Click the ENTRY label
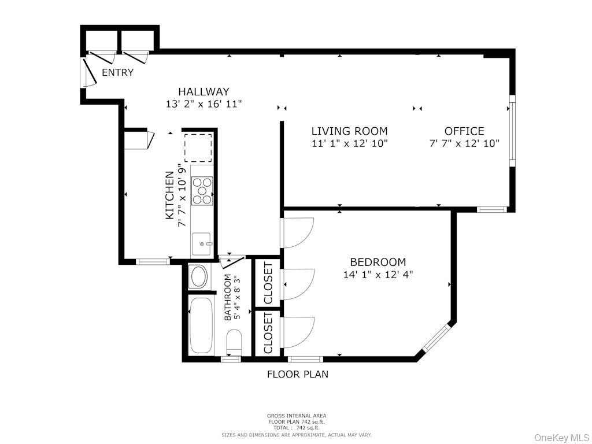117,73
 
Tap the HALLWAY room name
203,91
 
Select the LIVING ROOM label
349,131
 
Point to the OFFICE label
464,131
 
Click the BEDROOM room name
378,262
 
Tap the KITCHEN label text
170,195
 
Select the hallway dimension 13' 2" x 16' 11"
203,104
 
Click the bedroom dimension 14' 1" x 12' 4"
378,275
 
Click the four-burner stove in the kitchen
202,191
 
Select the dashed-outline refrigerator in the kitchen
198,147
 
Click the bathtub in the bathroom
201,325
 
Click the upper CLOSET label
268,283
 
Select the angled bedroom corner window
435,338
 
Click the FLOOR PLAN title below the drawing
297,374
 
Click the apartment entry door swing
88,73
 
